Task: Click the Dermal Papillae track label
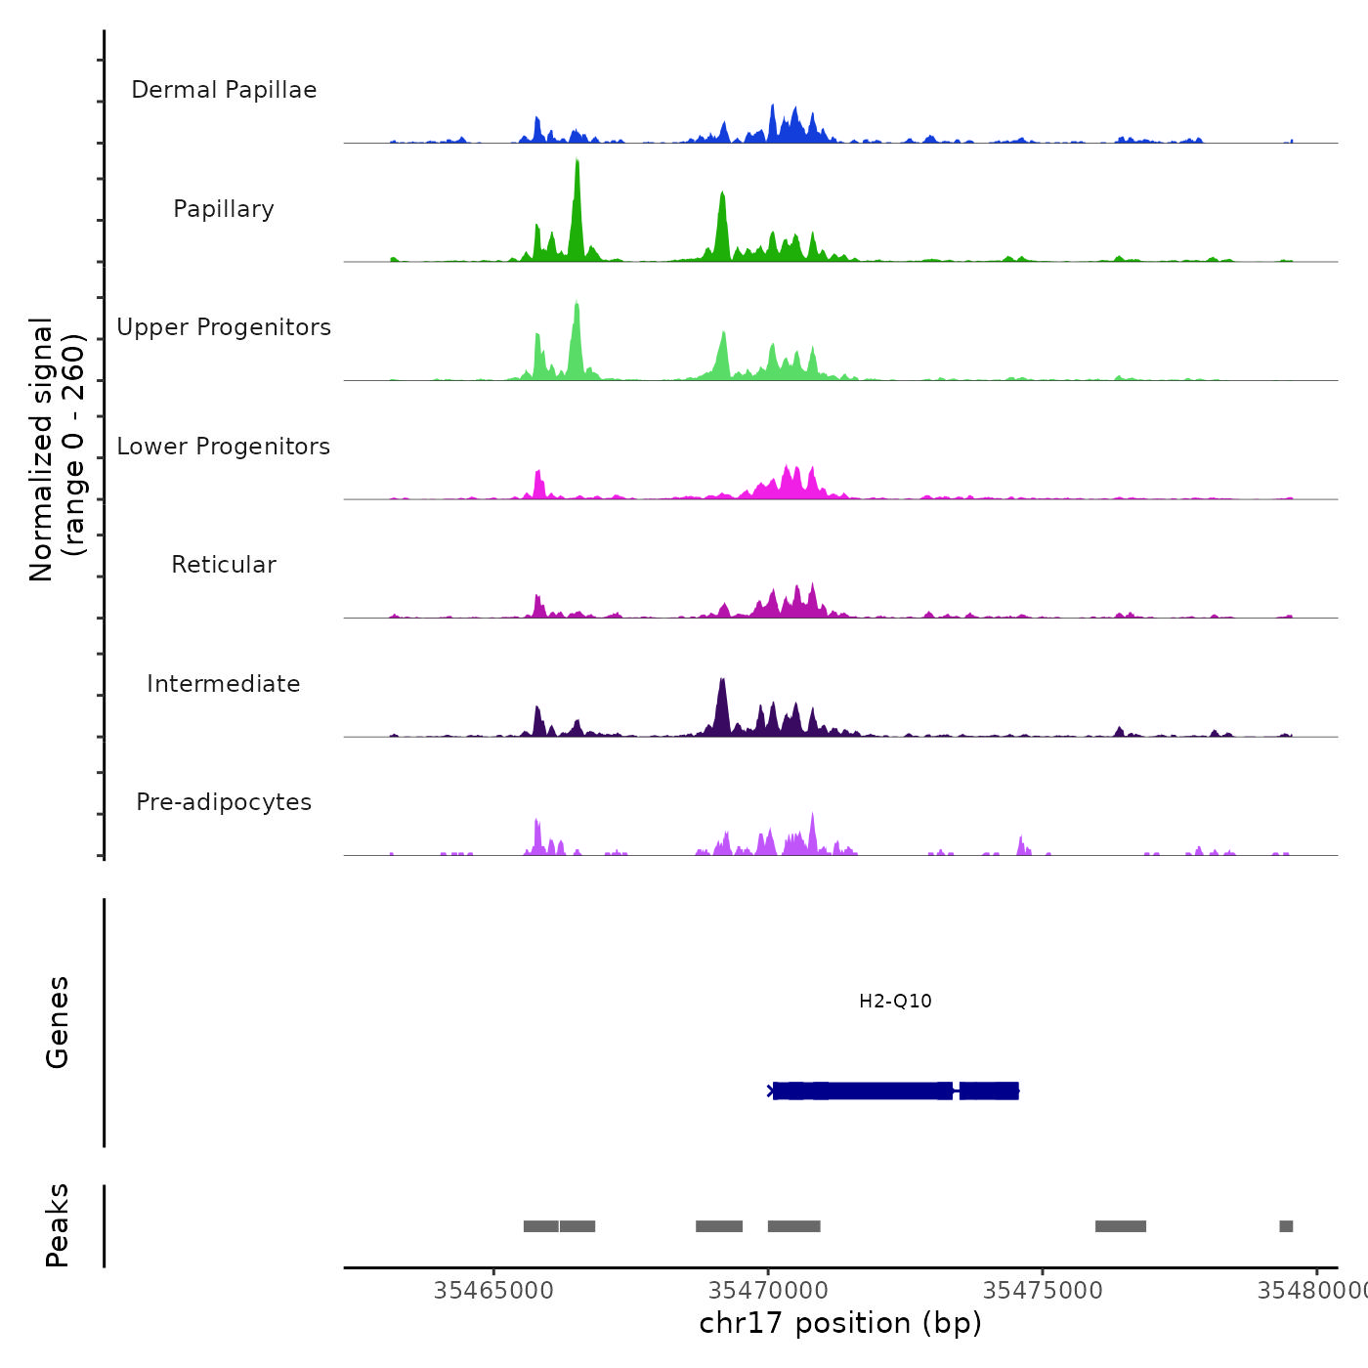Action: point(224,90)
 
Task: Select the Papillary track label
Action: point(224,209)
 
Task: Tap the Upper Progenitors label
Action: point(224,327)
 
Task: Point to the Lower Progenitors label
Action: point(224,447)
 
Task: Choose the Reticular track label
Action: point(224,565)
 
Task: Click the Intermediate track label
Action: point(224,684)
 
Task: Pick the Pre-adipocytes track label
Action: point(224,802)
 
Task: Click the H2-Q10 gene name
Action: point(895,1001)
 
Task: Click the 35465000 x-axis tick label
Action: point(493,1290)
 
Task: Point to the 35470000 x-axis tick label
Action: point(768,1290)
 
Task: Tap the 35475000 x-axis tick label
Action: point(1043,1290)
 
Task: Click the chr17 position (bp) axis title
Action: point(840,1323)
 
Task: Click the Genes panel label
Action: point(58,1021)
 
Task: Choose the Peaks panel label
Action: point(58,1225)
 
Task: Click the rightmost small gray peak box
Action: point(1286,1226)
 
